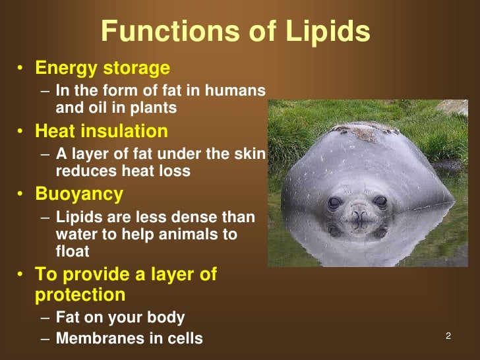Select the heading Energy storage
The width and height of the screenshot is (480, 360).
[102, 68]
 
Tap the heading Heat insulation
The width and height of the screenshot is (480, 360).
[101, 131]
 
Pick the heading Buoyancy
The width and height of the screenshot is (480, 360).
[78, 194]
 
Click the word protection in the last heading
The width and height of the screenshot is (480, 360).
[80, 294]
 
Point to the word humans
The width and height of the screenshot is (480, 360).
[236, 90]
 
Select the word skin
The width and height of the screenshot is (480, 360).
[251, 153]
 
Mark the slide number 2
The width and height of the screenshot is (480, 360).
[448, 336]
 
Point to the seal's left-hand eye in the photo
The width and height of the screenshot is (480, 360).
[335, 203]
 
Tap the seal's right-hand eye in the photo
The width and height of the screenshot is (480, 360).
[380, 202]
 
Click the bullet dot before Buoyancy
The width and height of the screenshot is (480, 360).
[22, 195]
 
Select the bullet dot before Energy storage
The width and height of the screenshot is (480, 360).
[22, 69]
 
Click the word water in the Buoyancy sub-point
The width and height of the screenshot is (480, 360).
[73, 234]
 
